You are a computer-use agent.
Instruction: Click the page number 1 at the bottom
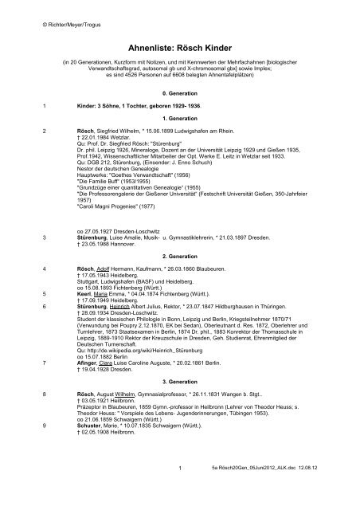[x=180, y=488]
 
